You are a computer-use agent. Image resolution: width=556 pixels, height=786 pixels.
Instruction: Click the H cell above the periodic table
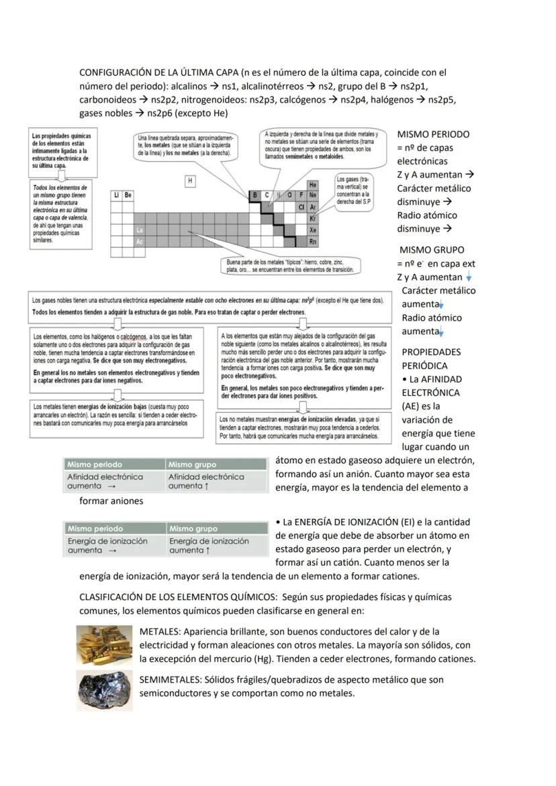tap(191, 181)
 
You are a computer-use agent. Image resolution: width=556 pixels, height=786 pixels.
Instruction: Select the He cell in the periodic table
tap(312, 184)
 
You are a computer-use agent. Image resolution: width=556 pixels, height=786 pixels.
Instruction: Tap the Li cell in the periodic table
tap(116, 195)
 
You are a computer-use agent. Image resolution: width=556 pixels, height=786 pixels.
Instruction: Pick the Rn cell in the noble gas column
tap(312, 242)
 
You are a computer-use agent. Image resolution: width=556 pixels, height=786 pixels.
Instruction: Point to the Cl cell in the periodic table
tap(302, 207)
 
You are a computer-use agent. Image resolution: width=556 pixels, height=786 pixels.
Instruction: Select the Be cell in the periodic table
tap(128, 195)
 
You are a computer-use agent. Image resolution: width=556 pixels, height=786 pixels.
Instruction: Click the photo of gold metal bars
tap(104, 644)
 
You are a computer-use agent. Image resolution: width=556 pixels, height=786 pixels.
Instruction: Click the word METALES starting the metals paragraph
tap(160, 632)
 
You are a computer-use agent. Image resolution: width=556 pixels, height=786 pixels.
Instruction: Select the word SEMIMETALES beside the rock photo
tap(171, 680)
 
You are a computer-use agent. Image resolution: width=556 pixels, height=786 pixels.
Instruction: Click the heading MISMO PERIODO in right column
tap(433, 134)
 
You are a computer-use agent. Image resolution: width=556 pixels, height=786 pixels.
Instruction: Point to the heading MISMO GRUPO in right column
tap(430, 250)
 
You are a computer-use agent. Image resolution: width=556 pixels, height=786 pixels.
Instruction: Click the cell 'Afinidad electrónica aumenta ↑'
tap(216, 481)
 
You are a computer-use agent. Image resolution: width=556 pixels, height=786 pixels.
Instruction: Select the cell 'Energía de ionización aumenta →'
tap(113, 546)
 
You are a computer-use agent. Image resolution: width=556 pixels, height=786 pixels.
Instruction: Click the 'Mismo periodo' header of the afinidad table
tap(95, 464)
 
